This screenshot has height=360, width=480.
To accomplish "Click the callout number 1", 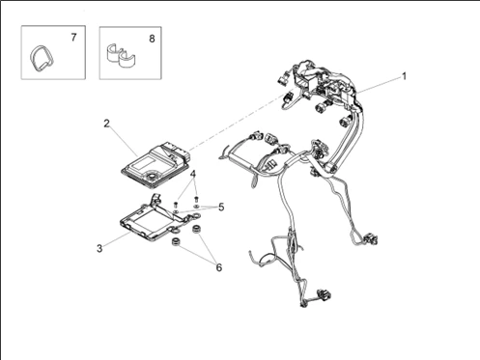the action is click(404, 76).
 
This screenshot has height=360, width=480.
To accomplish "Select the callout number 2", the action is click(106, 124).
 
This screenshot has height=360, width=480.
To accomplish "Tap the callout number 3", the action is click(99, 248).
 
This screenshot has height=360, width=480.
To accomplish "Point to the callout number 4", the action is click(193, 174).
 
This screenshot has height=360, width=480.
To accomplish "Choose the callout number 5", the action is click(221, 208).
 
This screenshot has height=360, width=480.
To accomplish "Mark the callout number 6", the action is click(219, 267).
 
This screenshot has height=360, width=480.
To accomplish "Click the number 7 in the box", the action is click(73, 38).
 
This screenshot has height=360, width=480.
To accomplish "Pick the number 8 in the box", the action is click(152, 39).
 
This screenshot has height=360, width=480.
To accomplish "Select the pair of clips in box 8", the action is click(121, 57).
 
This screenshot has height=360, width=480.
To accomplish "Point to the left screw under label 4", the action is click(176, 205).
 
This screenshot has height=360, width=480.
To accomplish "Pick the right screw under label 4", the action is click(197, 199).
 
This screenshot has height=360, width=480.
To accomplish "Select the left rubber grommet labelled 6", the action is click(176, 241).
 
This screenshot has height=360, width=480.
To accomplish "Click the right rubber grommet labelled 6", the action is click(195, 230).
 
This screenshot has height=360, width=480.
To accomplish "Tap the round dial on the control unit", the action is click(151, 176).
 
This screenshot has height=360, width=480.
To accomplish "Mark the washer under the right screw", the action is click(197, 206).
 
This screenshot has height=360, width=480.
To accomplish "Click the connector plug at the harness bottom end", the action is click(324, 294).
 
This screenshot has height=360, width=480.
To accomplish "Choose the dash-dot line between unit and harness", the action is click(242, 119).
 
